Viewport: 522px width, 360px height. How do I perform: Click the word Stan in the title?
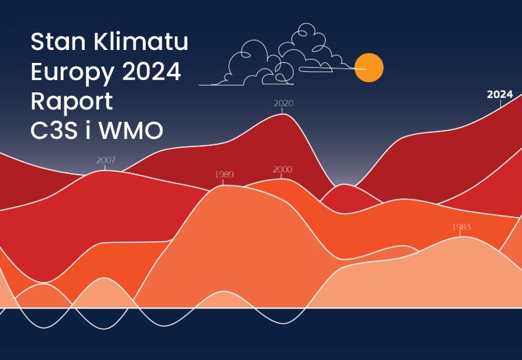click(58, 42)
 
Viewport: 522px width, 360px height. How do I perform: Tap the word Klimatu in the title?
click(141, 42)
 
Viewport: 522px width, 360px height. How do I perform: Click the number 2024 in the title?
click(151, 71)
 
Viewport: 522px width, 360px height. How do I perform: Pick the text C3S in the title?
click(54, 130)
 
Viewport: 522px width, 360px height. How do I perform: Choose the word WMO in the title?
click(131, 130)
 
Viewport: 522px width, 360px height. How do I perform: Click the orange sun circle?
click(369, 68)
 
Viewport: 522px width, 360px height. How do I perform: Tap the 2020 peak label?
click(284, 103)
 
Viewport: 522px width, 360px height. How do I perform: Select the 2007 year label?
click(106, 160)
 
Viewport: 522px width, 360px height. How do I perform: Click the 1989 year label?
click(224, 174)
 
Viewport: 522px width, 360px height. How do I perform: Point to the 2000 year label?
click(283, 170)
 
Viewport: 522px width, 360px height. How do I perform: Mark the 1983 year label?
click(461, 227)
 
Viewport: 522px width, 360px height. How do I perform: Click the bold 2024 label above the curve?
click(499, 94)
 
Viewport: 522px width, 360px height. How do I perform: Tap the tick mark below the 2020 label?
click(283, 111)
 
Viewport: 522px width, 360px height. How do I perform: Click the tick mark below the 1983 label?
click(460, 234)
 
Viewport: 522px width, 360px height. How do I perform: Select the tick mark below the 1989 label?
click(223, 182)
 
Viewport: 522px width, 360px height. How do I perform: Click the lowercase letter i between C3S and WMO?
click(88, 130)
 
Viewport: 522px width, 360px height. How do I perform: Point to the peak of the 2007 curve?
click(105, 170)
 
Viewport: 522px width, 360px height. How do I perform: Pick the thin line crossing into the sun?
click(333, 68)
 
